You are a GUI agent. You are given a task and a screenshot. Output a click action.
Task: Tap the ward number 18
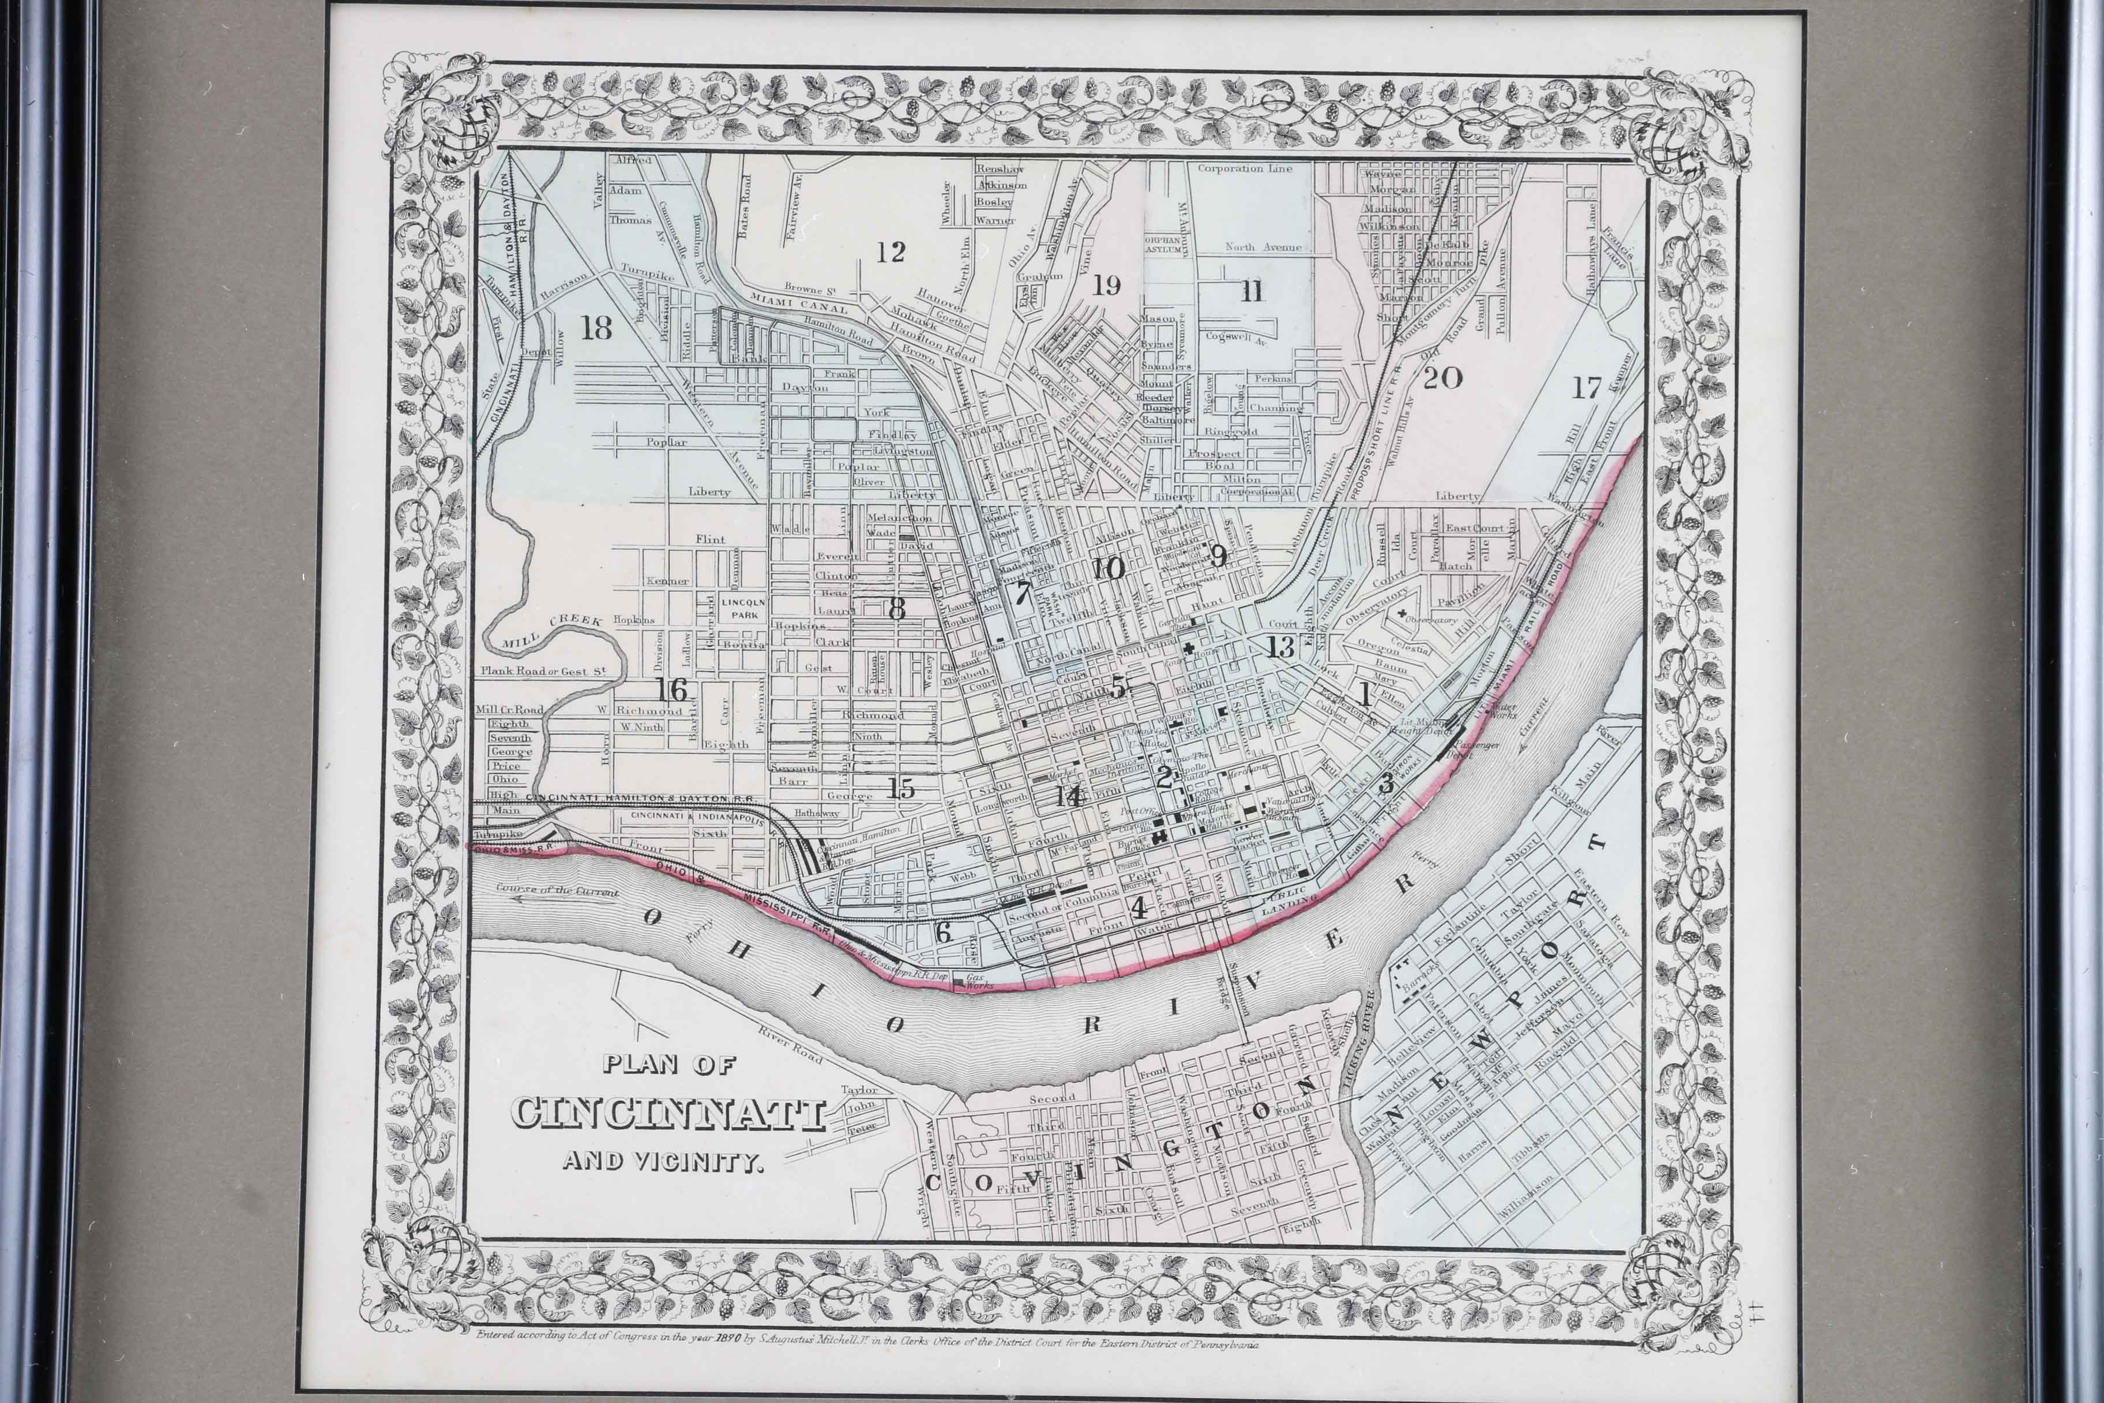point(597,328)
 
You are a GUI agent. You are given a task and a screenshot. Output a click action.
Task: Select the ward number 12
point(890,252)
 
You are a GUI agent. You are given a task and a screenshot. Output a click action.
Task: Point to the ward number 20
point(1442,378)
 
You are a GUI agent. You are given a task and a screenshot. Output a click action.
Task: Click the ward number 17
point(1586,388)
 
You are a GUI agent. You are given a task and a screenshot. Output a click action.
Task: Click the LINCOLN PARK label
point(744,609)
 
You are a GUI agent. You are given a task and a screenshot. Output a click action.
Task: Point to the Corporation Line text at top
point(1244,168)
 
